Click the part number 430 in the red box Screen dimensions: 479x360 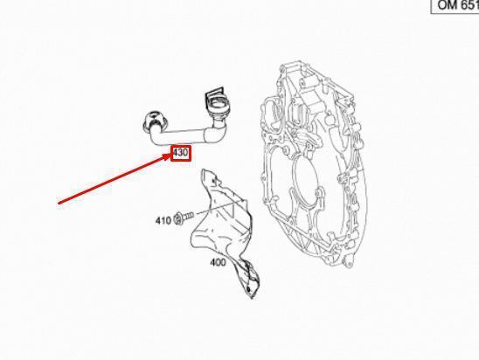[180, 152]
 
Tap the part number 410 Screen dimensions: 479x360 [163, 220]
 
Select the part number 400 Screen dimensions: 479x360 [218, 262]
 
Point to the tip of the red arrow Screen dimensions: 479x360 [170, 155]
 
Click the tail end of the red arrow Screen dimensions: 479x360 [59, 203]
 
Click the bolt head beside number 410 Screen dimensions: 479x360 [177, 219]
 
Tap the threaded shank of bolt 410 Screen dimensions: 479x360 [188, 216]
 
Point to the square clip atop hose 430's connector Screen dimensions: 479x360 [215, 92]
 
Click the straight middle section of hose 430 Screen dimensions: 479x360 [184, 136]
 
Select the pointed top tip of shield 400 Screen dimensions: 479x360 [203, 170]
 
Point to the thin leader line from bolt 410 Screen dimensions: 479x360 [220, 208]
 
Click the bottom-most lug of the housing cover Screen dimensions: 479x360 [349, 262]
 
